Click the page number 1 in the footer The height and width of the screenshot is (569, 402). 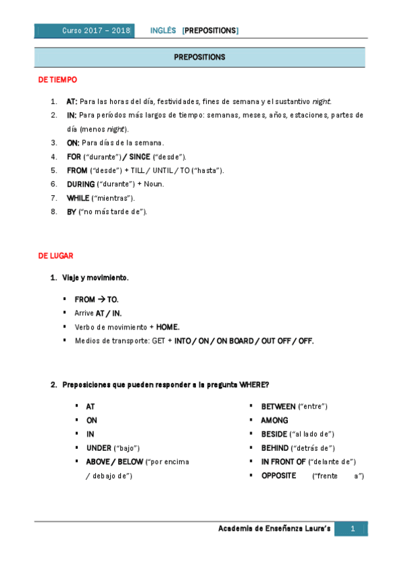352,529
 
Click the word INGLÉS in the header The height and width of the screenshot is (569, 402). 163,31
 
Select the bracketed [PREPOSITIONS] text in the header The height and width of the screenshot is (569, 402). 210,31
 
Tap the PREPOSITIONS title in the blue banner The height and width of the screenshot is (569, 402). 199,57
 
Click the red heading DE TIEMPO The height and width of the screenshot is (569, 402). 58,80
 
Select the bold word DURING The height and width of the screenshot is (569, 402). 81,184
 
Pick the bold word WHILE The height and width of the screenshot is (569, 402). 79,198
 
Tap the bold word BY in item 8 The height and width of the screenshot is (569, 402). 72,211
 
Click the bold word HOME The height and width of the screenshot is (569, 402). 168,327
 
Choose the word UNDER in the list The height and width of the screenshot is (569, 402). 98,448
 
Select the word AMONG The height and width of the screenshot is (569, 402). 274,421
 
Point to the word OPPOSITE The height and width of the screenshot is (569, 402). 279,475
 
